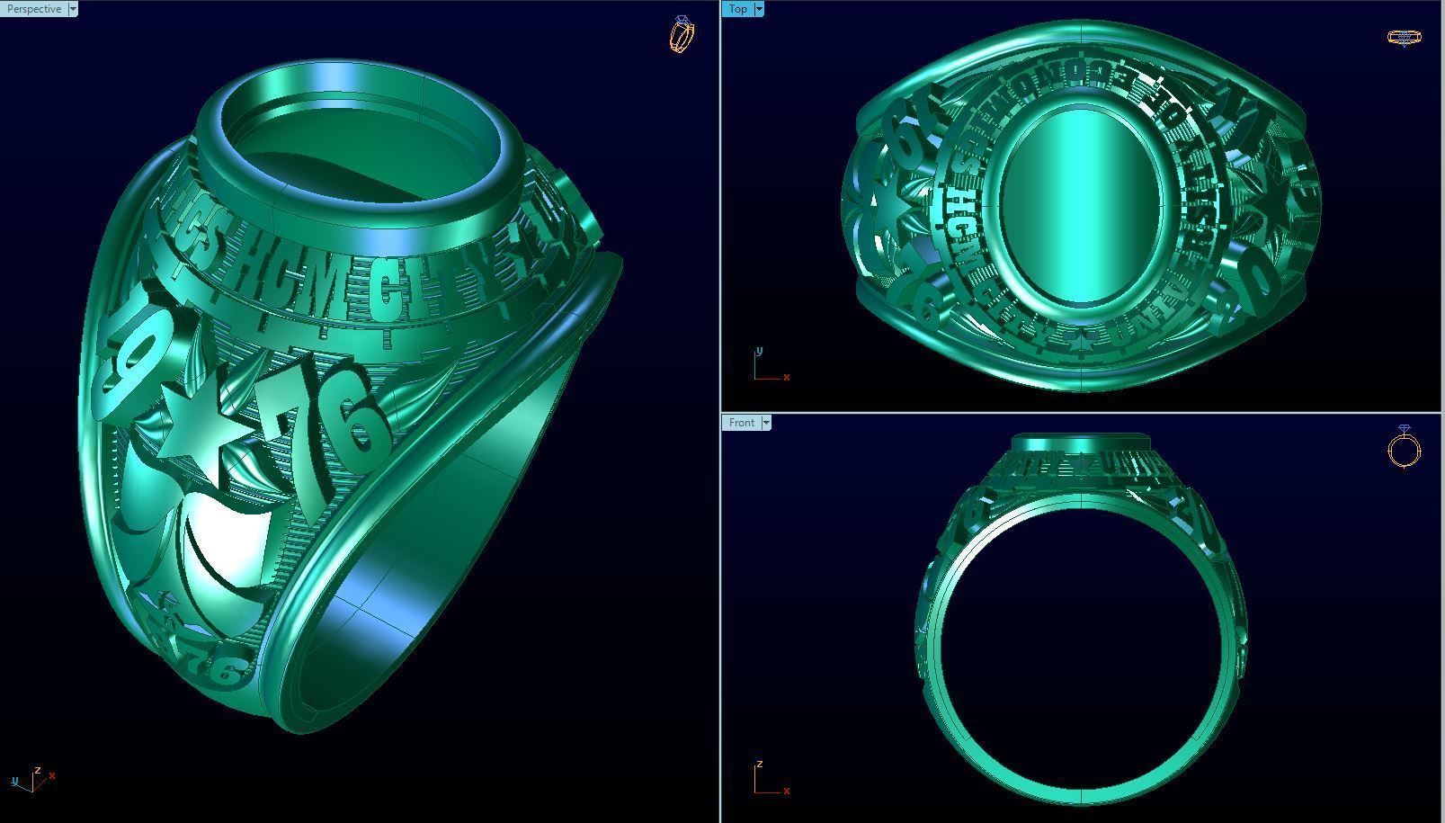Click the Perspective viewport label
[x=33, y=9]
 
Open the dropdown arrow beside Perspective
[x=73, y=9]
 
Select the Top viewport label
[x=738, y=9]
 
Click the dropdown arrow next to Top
[x=759, y=9]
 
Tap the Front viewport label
[x=742, y=423]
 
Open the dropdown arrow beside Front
[x=766, y=423]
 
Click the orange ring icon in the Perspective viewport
[x=682, y=34]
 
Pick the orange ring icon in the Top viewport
[x=1404, y=37]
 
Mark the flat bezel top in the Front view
[x=1082, y=441]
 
